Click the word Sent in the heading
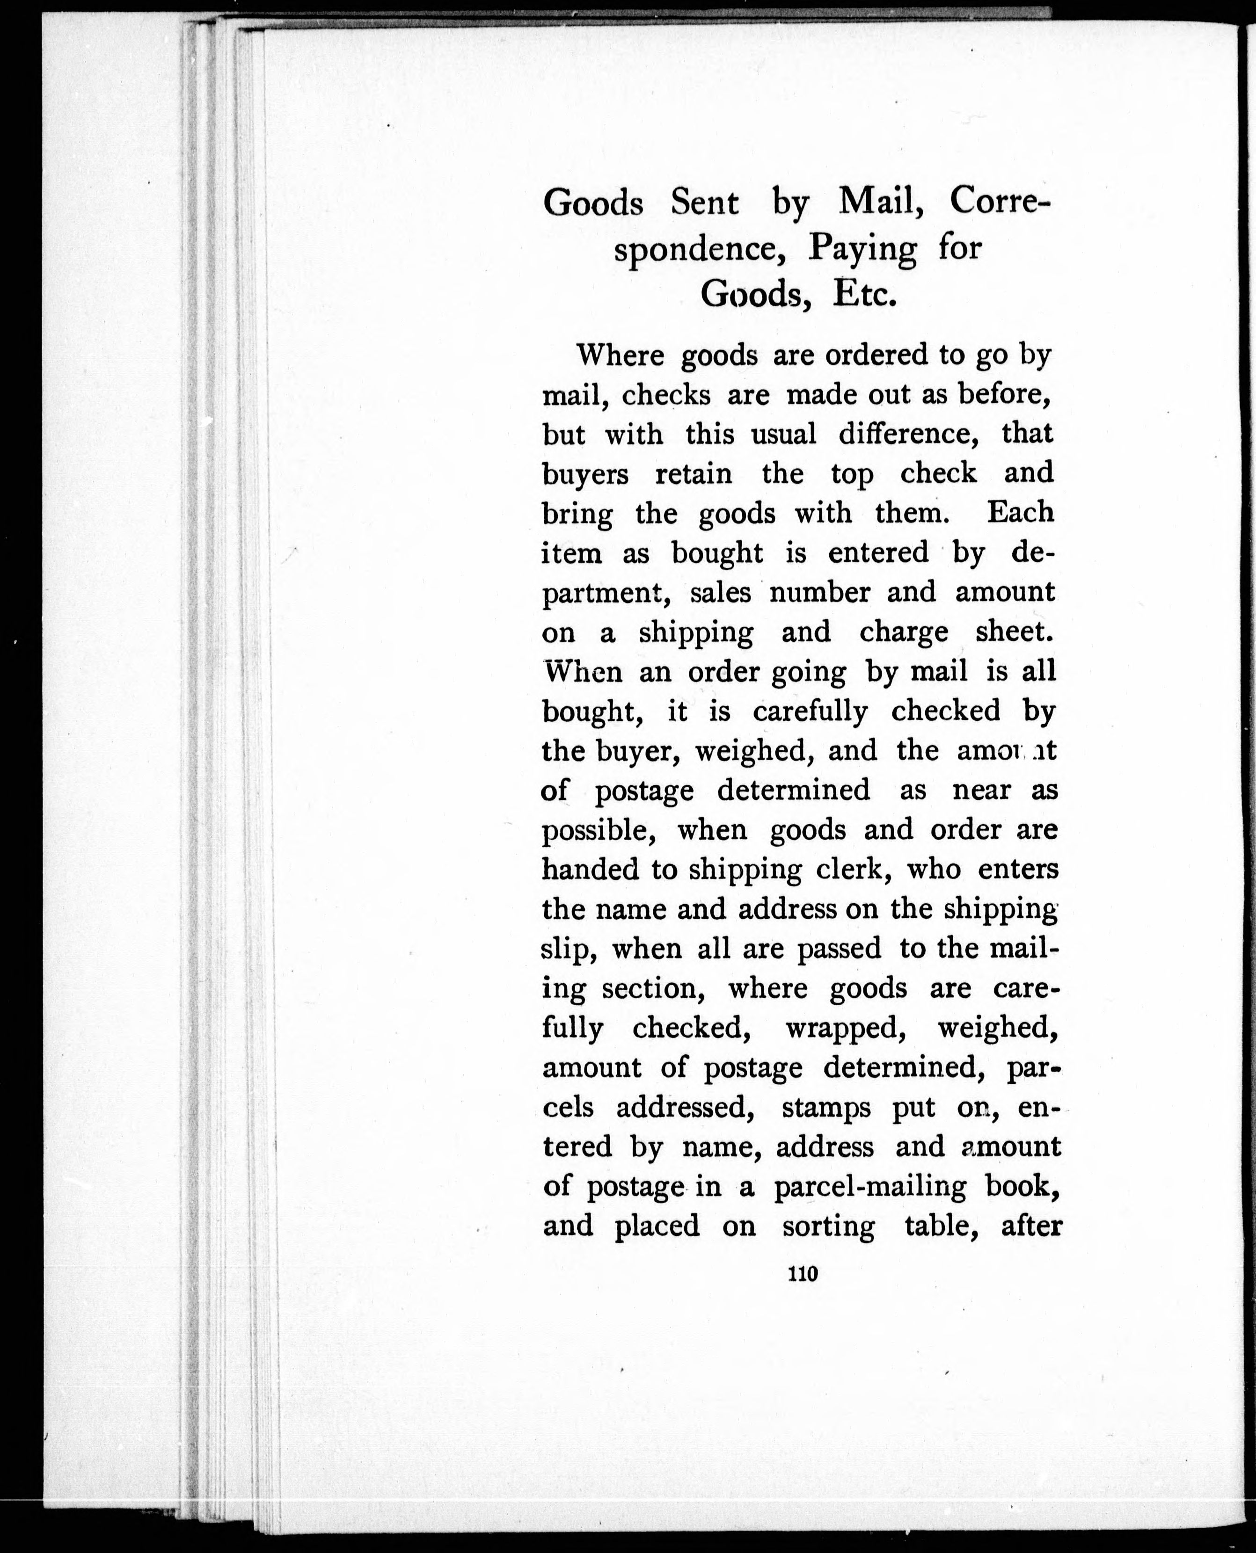point(704,203)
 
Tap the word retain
point(693,474)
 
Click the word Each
point(1021,513)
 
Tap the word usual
point(783,435)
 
